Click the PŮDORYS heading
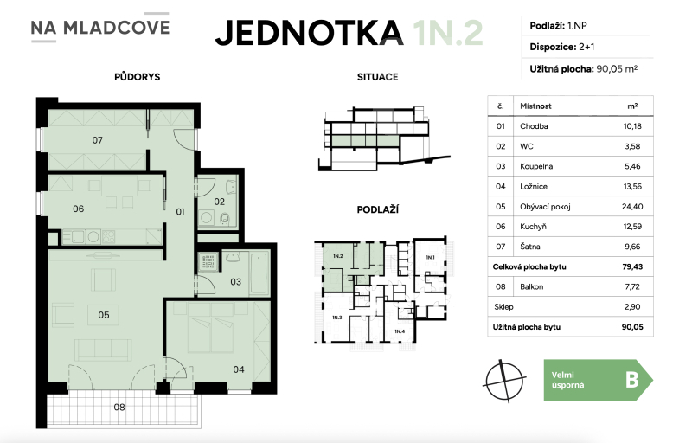pos(137,77)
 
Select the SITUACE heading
pos(377,77)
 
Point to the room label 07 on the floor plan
pos(98,139)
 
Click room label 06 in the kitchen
pos(78,209)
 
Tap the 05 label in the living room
pos(103,315)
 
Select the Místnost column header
pos(535,106)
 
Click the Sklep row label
pos(503,307)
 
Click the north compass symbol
pos(506,381)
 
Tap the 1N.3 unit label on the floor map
pos(336,317)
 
